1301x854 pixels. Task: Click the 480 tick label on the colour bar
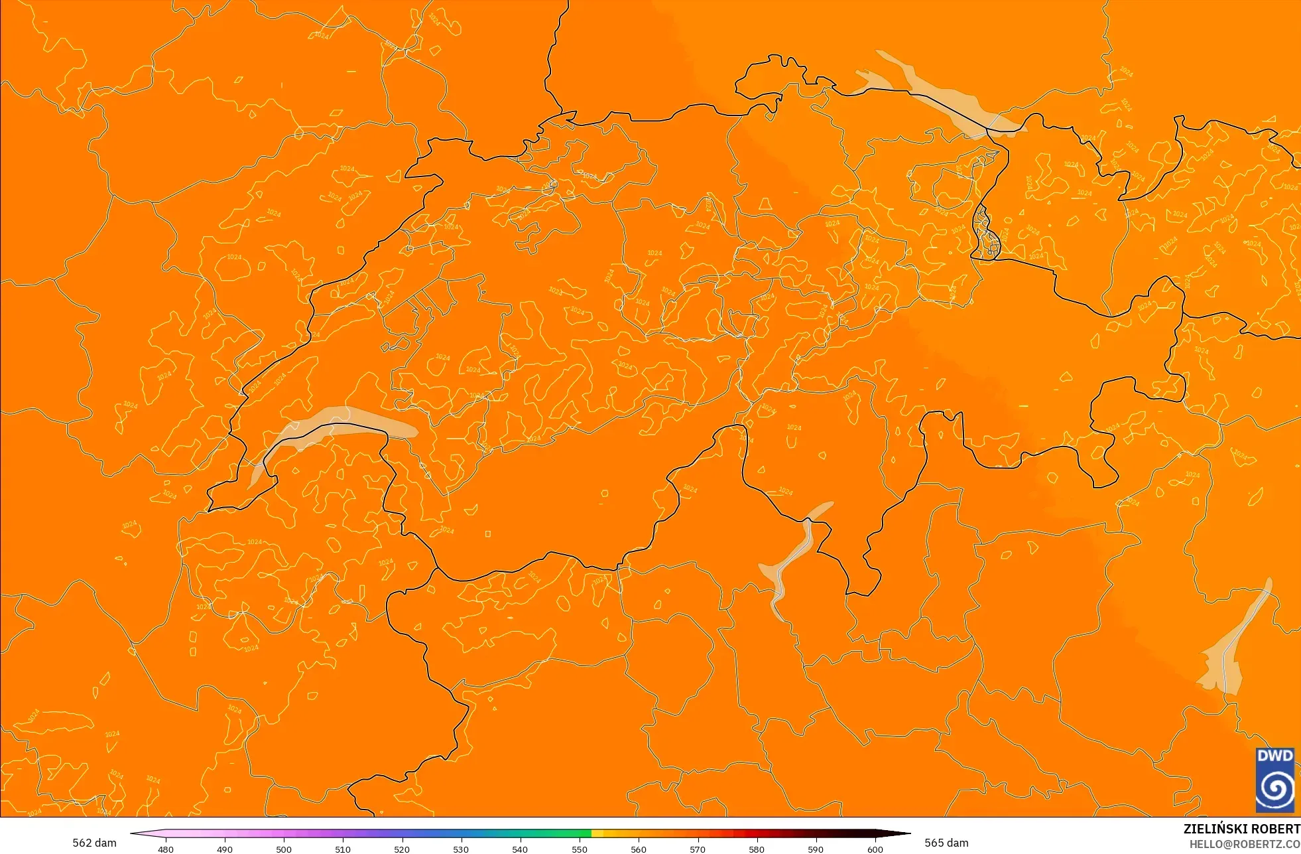pyautogui.click(x=166, y=849)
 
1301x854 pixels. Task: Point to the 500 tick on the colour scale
pyautogui.click(x=284, y=849)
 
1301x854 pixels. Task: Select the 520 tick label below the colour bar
pyautogui.click(x=402, y=849)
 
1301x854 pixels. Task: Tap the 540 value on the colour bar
pyautogui.click(x=520, y=849)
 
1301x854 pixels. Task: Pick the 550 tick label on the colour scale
pyautogui.click(x=580, y=849)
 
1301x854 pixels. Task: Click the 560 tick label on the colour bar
pyautogui.click(x=639, y=849)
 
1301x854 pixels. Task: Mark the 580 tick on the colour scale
pyautogui.click(x=757, y=849)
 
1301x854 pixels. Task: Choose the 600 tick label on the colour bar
pyautogui.click(x=875, y=849)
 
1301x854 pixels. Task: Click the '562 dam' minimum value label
pyautogui.click(x=94, y=843)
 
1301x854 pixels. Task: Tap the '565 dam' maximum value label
pyautogui.click(x=946, y=843)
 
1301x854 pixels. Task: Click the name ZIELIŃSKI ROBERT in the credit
pyautogui.click(x=1241, y=829)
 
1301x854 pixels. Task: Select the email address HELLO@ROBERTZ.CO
pyautogui.click(x=1244, y=844)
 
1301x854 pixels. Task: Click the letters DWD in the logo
pyautogui.click(x=1275, y=756)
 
